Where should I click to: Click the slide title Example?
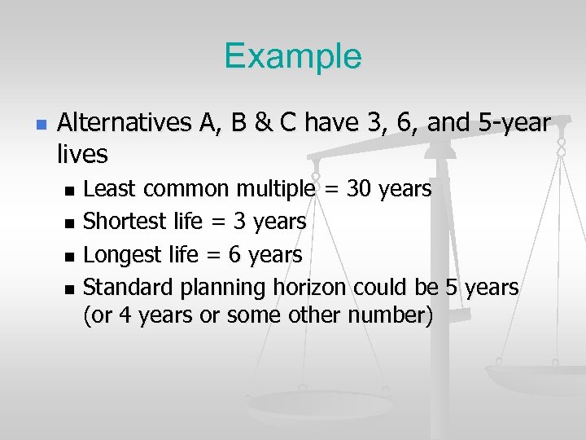point(292,56)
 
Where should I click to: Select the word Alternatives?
point(122,124)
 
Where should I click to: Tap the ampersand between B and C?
point(263,124)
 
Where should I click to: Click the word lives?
point(83,152)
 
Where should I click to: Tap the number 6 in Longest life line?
point(234,254)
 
